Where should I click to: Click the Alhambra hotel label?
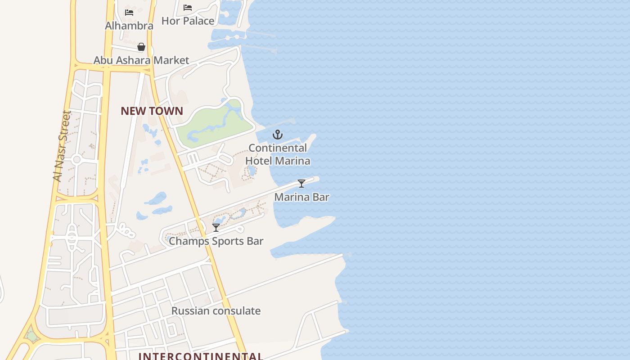pos(129,26)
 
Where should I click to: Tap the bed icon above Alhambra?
pos(129,13)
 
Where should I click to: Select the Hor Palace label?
pos(188,21)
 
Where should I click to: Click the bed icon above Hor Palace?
pos(188,8)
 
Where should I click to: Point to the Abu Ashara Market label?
pos(141,60)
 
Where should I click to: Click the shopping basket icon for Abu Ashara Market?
pos(141,47)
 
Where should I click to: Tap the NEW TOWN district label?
pos(152,111)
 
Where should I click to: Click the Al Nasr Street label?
pos(62,146)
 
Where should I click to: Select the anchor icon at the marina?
pos(278,134)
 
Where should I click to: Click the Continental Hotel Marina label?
pos(278,154)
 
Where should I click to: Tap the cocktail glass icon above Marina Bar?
pos(301,184)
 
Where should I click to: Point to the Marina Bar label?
pos(301,197)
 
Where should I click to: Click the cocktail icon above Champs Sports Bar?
pos(216,228)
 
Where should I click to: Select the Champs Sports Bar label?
pos(216,241)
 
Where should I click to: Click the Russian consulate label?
pos(216,311)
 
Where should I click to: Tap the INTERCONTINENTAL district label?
pos(201,356)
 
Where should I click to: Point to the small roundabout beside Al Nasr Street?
pos(76,159)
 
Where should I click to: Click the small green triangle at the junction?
pos(31,335)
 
